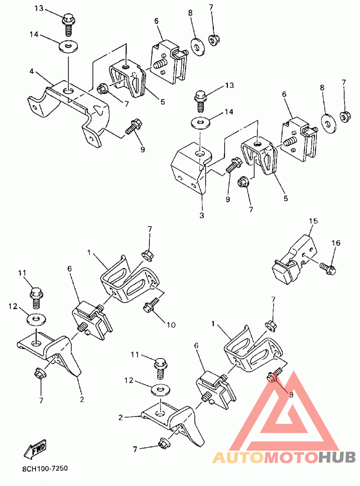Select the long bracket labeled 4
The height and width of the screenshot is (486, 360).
(x=72, y=106)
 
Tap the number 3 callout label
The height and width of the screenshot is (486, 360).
(x=202, y=215)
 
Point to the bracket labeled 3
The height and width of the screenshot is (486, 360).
(x=189, y=169)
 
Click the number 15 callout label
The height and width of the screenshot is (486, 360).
(x=313, y=221)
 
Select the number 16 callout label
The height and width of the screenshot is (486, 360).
(x=336, y=243)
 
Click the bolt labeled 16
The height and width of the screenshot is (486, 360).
(x=328, y=268)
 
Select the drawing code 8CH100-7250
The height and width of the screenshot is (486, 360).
(x=45, y=468)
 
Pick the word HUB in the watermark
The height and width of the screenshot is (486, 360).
(x=337, y=458)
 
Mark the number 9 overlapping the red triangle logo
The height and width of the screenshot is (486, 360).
(x=291, y=395)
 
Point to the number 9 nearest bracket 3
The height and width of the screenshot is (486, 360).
(x=228, y=199)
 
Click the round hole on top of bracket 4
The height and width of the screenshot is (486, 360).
(x=68, y=91)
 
